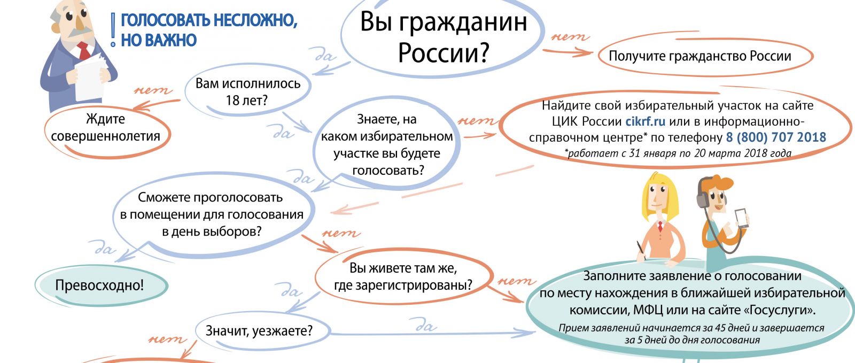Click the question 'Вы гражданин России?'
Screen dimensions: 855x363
(443, 37)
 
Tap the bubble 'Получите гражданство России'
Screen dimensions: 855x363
(705, 56)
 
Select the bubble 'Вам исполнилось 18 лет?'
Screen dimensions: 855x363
(248, 91)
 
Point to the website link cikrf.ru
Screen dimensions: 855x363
(645, 121)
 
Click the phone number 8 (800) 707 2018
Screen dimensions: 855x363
(775, 137)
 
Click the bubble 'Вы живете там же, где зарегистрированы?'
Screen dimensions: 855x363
(403, 276)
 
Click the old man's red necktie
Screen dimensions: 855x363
(84, 50)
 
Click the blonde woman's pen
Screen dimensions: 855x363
(641, 251)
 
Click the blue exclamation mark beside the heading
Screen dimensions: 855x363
(113, 30)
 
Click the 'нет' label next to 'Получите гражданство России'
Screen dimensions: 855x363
(570, 37)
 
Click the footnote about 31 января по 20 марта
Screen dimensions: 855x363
(678, 153)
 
